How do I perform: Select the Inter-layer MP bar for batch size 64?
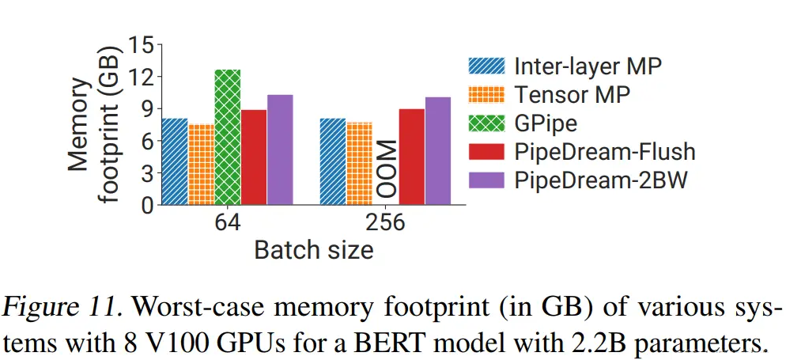point(175,161)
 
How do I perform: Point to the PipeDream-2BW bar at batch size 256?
point(438,151)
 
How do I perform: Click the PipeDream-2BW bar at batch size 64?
point(280,150)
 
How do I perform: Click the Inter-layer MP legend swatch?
point(486,65)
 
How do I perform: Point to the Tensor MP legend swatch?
point(486,94)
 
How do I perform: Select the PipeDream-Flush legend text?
point(605,151)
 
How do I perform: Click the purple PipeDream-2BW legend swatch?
point(486,180)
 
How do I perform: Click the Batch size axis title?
point(314,251)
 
